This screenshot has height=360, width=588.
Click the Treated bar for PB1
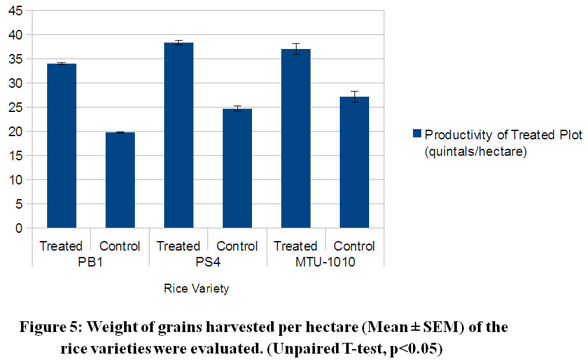click(61, 146)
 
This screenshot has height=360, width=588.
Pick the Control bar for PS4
click(237, 168)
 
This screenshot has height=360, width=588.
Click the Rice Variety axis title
click(197, 289)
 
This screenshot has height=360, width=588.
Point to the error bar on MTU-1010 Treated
click(295, 49)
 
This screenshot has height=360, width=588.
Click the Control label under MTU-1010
click(354, 246)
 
